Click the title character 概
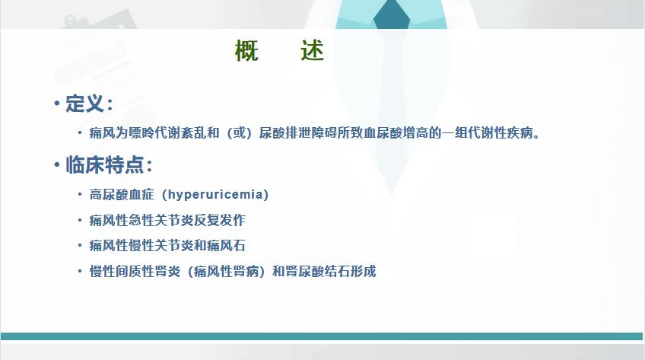(246, 50)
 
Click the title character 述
(312, 50)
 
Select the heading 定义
(84, 103)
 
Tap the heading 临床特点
(104, 165)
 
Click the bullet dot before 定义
(57, 104)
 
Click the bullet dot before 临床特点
(57, 165)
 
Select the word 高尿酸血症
(122, 194)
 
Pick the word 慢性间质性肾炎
(135, 271)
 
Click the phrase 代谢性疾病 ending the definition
(500, 133)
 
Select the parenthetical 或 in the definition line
(240, 133)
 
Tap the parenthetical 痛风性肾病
(226, 271)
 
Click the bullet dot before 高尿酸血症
(80, 194)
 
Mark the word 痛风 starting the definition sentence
(103, 133)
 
